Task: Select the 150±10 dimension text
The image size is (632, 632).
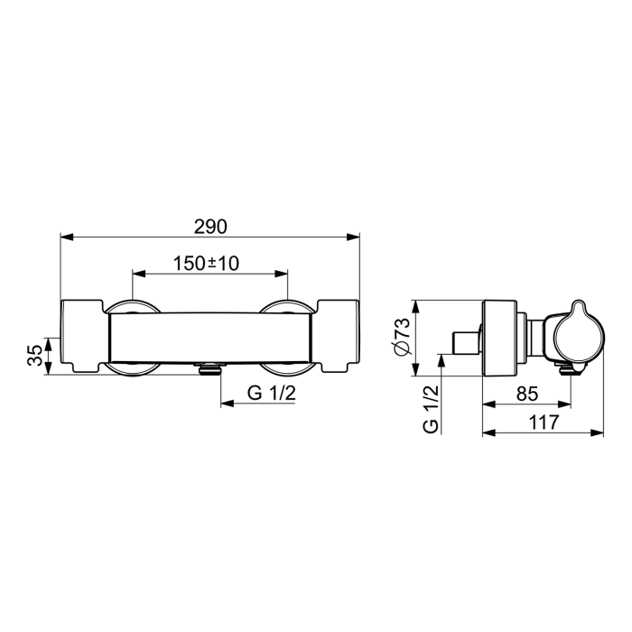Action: click(206, 263)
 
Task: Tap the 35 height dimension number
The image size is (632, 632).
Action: click(34, 354)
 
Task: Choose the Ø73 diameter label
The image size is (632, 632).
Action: click(403, 338)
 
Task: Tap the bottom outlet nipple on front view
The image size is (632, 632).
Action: click(209, 367)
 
